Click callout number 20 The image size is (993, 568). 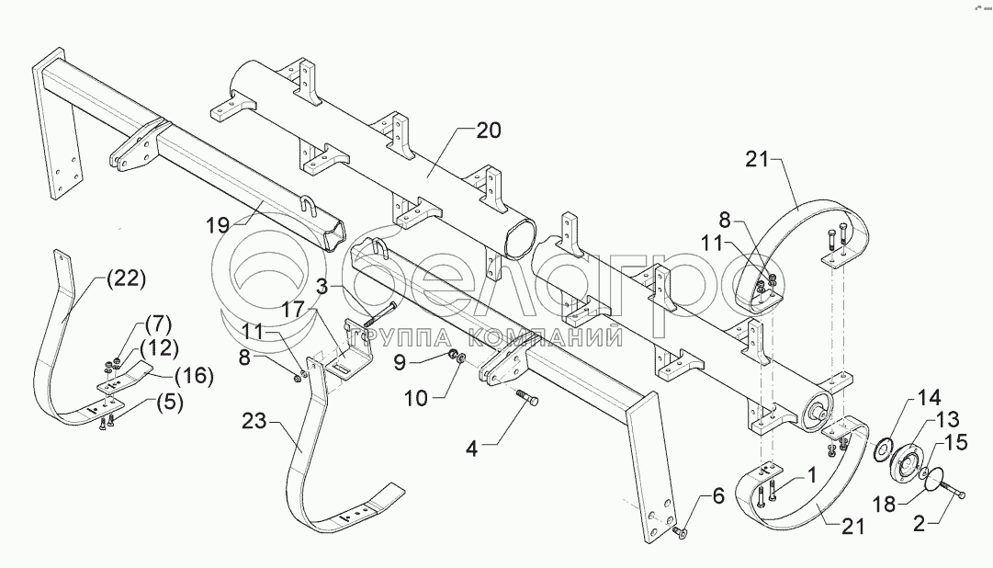click(489, 131)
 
